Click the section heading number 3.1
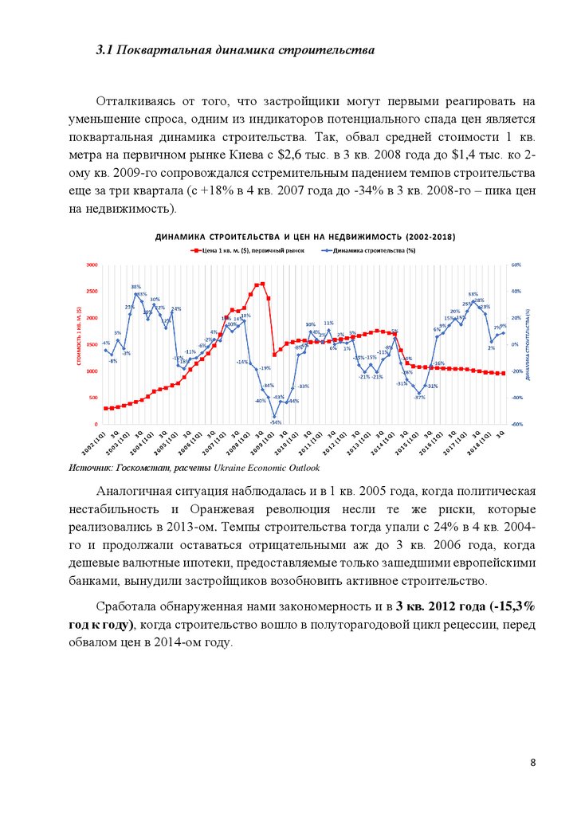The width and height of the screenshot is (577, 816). [x=104, y=51]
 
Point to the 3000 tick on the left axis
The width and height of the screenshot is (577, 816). [x=92, y=265]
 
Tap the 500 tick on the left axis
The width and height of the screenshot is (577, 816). [x=93, y=398]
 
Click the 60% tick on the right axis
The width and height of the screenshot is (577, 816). [x=516, y=265]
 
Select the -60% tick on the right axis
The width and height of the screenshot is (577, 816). [x=516, y=425]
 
